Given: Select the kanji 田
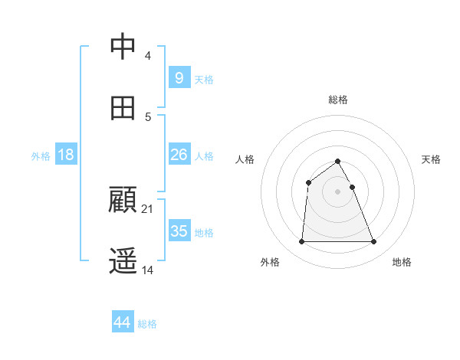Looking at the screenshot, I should [x=123, y=108].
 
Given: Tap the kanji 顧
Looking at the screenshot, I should [x=123, y=201].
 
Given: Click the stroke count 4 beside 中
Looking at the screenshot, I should [x=147, y=55].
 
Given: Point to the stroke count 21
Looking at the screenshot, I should [x=148, y=208].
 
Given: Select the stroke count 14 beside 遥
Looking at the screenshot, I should [x=148, y=270].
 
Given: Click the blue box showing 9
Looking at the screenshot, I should [x=179, y=77].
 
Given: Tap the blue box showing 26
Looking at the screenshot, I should [x=179, y=155].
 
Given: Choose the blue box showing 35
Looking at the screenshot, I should [x=179, y=231].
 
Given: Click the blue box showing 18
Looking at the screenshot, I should [x=66, y=155].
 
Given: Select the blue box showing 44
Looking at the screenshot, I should [x=122, y=322].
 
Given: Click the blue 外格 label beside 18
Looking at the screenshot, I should [x=41, y=156].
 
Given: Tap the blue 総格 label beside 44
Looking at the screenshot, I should [x=147, y=324].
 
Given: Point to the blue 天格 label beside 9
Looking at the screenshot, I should [x=204, y=80].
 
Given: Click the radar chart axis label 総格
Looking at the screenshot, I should [x=337, y=100].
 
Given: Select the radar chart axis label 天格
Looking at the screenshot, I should [x=431, y=159].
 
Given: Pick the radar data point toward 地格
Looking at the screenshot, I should [x=373, y=242].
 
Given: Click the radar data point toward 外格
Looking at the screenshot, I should [x=301, y=242].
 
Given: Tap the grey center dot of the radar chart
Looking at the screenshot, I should [x=337, y=191].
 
